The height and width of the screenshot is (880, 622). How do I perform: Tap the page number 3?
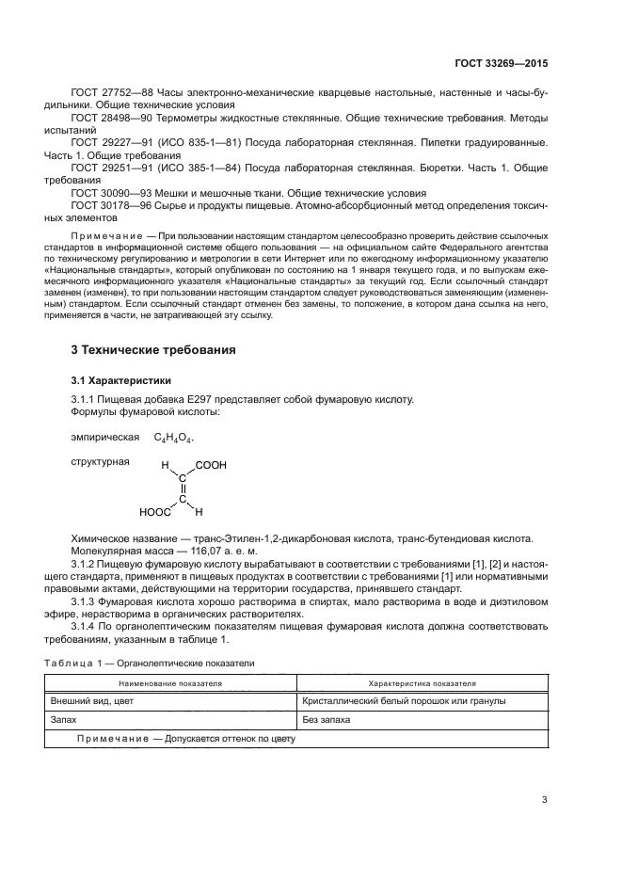click(x=544, y=800)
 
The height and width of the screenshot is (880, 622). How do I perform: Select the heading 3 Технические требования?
click(x=153, y=350)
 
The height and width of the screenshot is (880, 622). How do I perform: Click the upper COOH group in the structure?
click(x=211, y=465)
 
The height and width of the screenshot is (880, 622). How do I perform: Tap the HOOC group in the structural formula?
click(x=155, y=513)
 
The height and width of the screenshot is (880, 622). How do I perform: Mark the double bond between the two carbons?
click(x=183, y=488)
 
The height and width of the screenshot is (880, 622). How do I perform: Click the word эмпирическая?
click(x=102, y=438)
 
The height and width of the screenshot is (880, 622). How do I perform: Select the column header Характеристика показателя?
click(x=422, y=682)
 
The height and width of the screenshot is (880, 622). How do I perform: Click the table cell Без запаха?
click(x=327, y=720)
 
